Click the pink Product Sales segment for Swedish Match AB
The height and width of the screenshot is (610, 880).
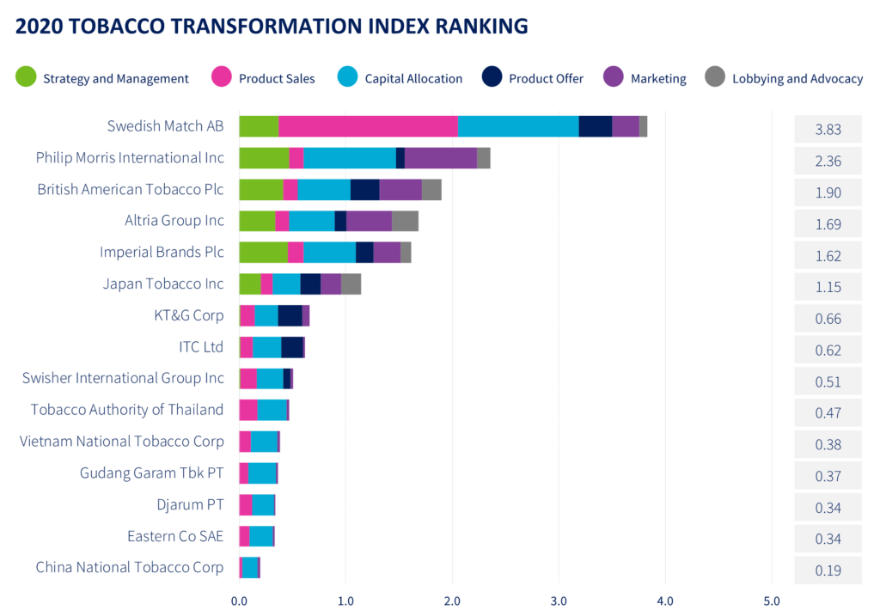(x=368, y=125)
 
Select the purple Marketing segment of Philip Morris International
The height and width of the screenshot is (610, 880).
(x=440, y=158)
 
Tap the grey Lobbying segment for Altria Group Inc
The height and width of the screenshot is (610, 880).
(x=406, y=221)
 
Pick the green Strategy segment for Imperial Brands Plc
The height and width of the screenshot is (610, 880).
(x=263, y=253)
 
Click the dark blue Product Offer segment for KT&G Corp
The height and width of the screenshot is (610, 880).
(x=290, y=315)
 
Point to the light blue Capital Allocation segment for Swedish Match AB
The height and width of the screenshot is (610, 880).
(x=518, y=125)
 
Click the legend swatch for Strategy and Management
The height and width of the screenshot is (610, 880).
(x=26, y=78)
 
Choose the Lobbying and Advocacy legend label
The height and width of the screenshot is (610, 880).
(x=797, y=78)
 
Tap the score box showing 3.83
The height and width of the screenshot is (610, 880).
(x=828, y=130)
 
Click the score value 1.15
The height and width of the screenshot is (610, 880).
(x=828, y=287)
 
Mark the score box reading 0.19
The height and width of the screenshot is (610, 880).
(x=828, y=570)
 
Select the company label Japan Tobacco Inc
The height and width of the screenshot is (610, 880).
(x=163, y=284)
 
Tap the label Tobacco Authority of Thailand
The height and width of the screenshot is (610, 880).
(x=127, y=410)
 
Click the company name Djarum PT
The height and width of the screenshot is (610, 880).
(x=190, y=504)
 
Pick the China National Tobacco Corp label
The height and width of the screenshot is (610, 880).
(x=130, y=567)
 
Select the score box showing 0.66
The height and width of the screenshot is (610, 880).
(x=828, y=319)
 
